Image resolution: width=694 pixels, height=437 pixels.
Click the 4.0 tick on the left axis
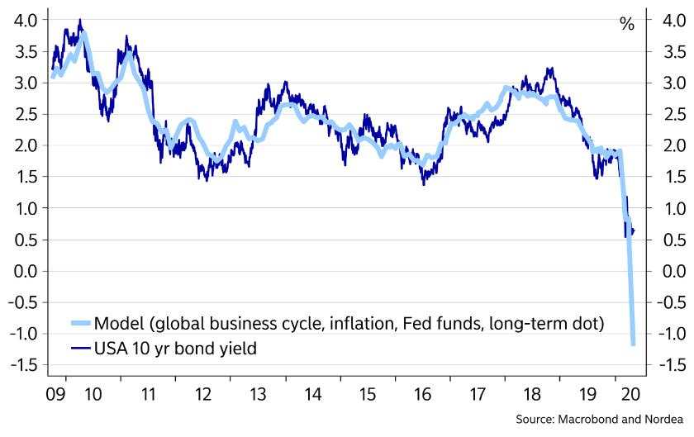click(20, 20)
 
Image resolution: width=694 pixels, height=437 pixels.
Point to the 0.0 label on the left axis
click(20, 271)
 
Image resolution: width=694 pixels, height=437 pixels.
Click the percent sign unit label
click(627, 24)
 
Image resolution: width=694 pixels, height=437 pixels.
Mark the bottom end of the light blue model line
click(633, 344)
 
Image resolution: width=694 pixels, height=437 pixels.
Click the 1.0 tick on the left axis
click(20, 208)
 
